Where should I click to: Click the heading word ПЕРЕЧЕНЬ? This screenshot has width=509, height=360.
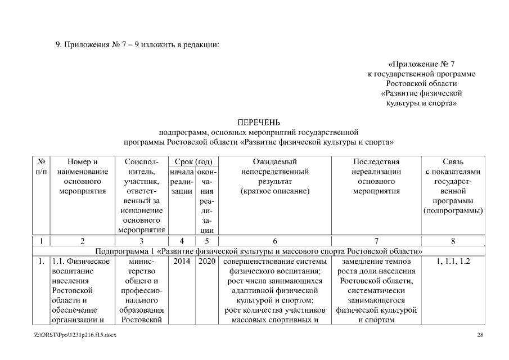click(258, 122)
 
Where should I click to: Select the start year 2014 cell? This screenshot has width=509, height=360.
click(182, 262)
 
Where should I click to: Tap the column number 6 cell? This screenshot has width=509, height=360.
click(275, 241)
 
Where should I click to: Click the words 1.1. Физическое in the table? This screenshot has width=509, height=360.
click(80, 262)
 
